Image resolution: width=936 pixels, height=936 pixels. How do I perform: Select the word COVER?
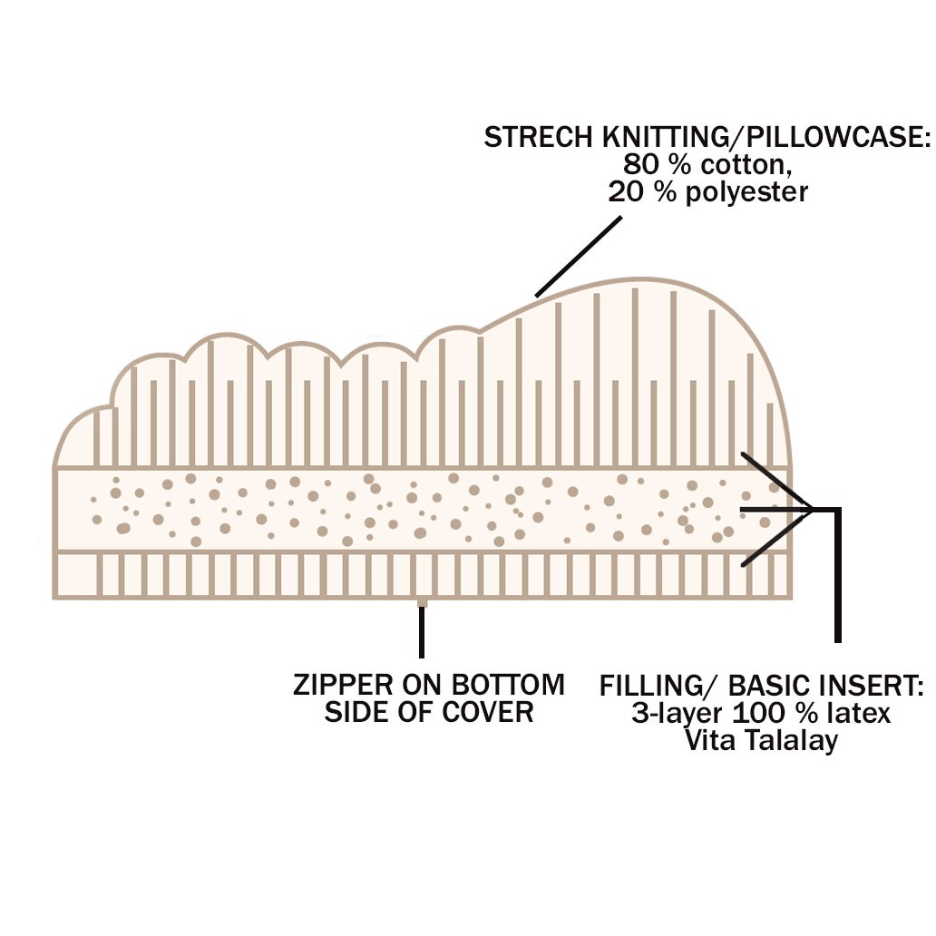[487, 712]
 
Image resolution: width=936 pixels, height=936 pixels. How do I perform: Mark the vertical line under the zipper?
[422, 631]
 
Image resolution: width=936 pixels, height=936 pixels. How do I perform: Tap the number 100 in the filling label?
[758, 713]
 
